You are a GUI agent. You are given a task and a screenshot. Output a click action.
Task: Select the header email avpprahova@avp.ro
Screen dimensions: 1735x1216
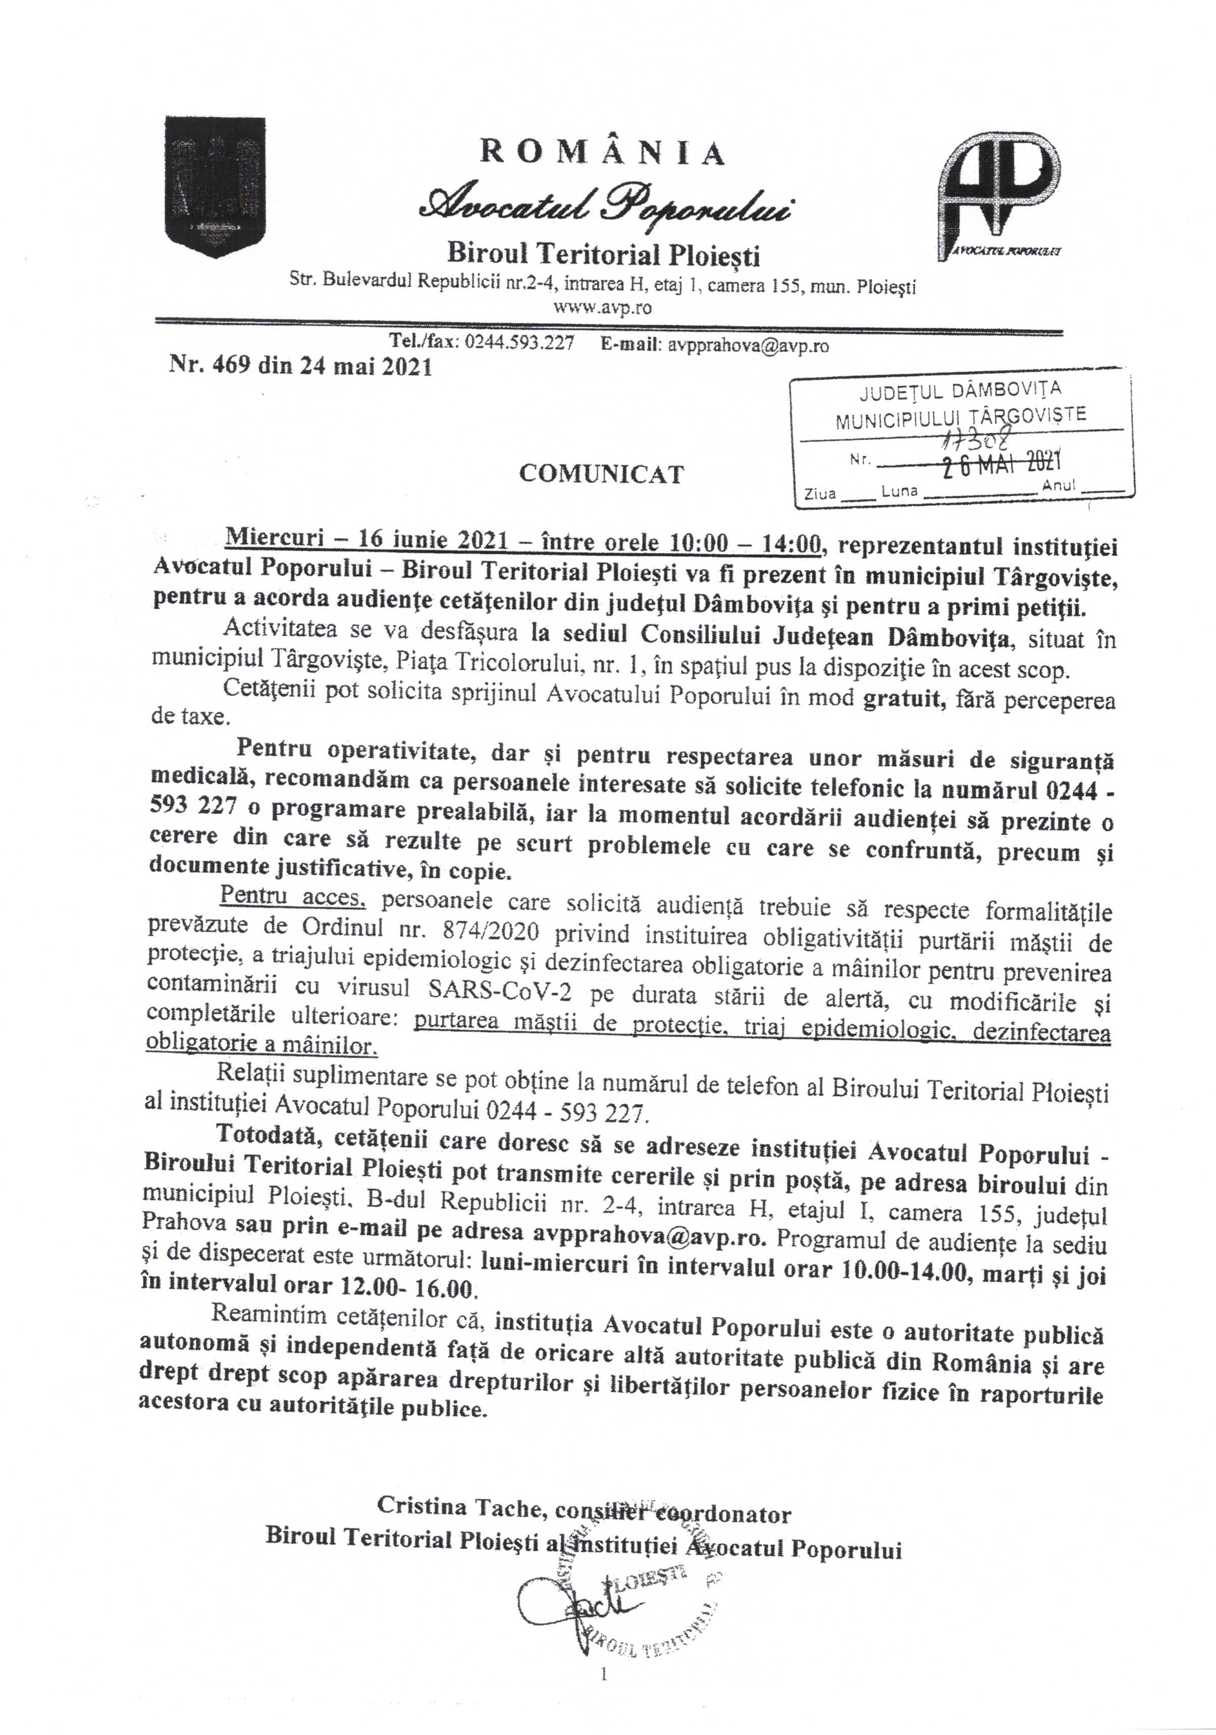(745, 345)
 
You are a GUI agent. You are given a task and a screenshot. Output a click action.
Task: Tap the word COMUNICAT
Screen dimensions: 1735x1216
(602, 474)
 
